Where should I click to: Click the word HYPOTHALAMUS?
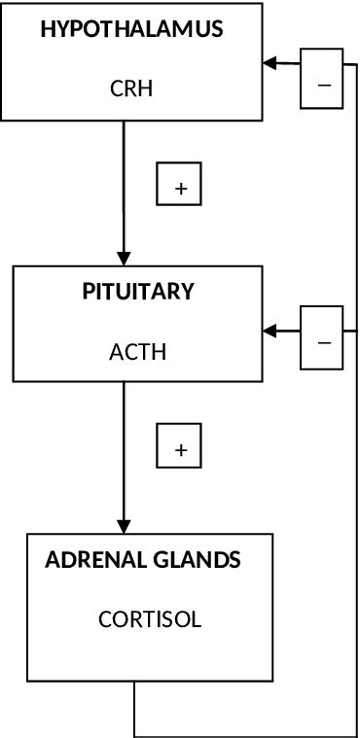coord(131,30)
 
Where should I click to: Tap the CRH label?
coord(131,89)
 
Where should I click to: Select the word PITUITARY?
coord(137,292)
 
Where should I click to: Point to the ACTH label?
coord(137,351)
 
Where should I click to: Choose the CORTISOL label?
coord(150,619)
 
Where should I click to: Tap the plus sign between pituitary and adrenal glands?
coord(179,448)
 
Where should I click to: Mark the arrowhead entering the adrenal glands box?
coord(124,523)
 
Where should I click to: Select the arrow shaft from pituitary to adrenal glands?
coord(124,447)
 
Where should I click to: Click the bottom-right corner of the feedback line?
coord(357,733)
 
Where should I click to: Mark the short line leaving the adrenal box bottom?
coord(133,707)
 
